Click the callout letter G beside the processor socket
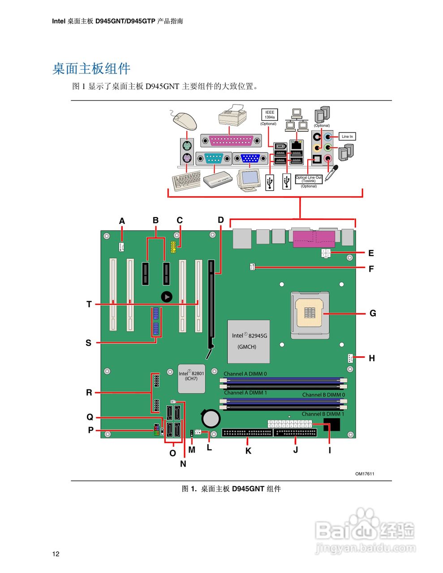tap(373, 313)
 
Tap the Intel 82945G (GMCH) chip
tap(249, 341)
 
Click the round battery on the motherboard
tap(211, 419)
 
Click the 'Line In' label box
tap(347, 137)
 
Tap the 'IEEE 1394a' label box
tap(270, 115)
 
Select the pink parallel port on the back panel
tap(231, 140)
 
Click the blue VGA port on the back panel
tap(250, 158)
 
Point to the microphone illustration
tap(331, 172)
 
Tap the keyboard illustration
tap(186, 181)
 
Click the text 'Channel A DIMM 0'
tap(245, 374)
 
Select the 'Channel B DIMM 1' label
tap(323, 414)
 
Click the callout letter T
tap(89, 304)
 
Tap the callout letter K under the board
tap(248, 451)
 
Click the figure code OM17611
tap(365, 474)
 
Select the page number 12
tap(56, 554)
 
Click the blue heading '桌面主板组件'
tap(91, 68)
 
